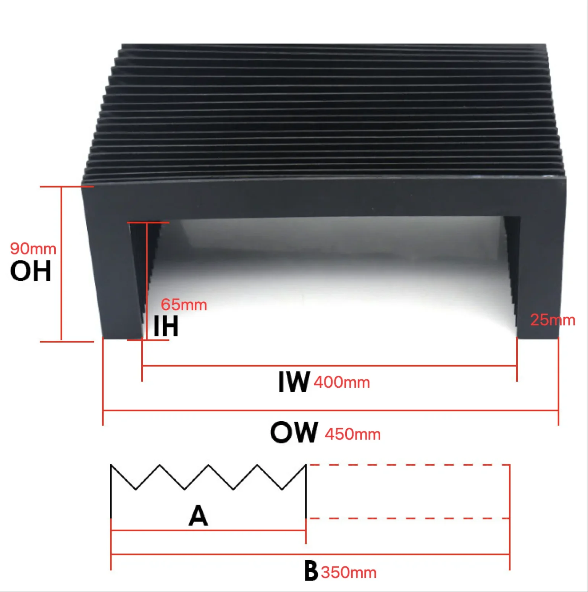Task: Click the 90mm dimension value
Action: pyautogui.click(x=33, y=249)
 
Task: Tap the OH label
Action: pyautogui.click(x=31, y=271)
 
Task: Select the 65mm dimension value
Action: pyautogui.click(x=184, y=305)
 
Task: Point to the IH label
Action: pyautogui.click(x=166, y=326)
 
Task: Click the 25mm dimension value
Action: pyautogui.click(x=552, y=320)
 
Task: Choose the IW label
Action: pyautogui.click(x=294, y=382)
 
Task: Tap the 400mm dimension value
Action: pyautogui.click(x=342, y=382)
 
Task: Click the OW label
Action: pyautogui.click(x=294, y=432)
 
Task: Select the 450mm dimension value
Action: pyautogui.click(x=352, y=435)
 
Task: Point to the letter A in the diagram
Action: pyautogui.click(x=198, y=516)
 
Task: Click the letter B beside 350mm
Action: pyautogui.click(x=311, y=571)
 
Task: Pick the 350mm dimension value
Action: pyautogui.click(x=349, y=573)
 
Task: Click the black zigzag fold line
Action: pyautogui.click(x=208, y=477)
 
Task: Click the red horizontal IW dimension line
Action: pyautogui.click(x=328, y=366)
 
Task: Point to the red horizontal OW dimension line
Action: pyautogui.click(x=330, y=411)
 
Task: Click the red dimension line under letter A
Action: pyautogui.click(x=208, y=531)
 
